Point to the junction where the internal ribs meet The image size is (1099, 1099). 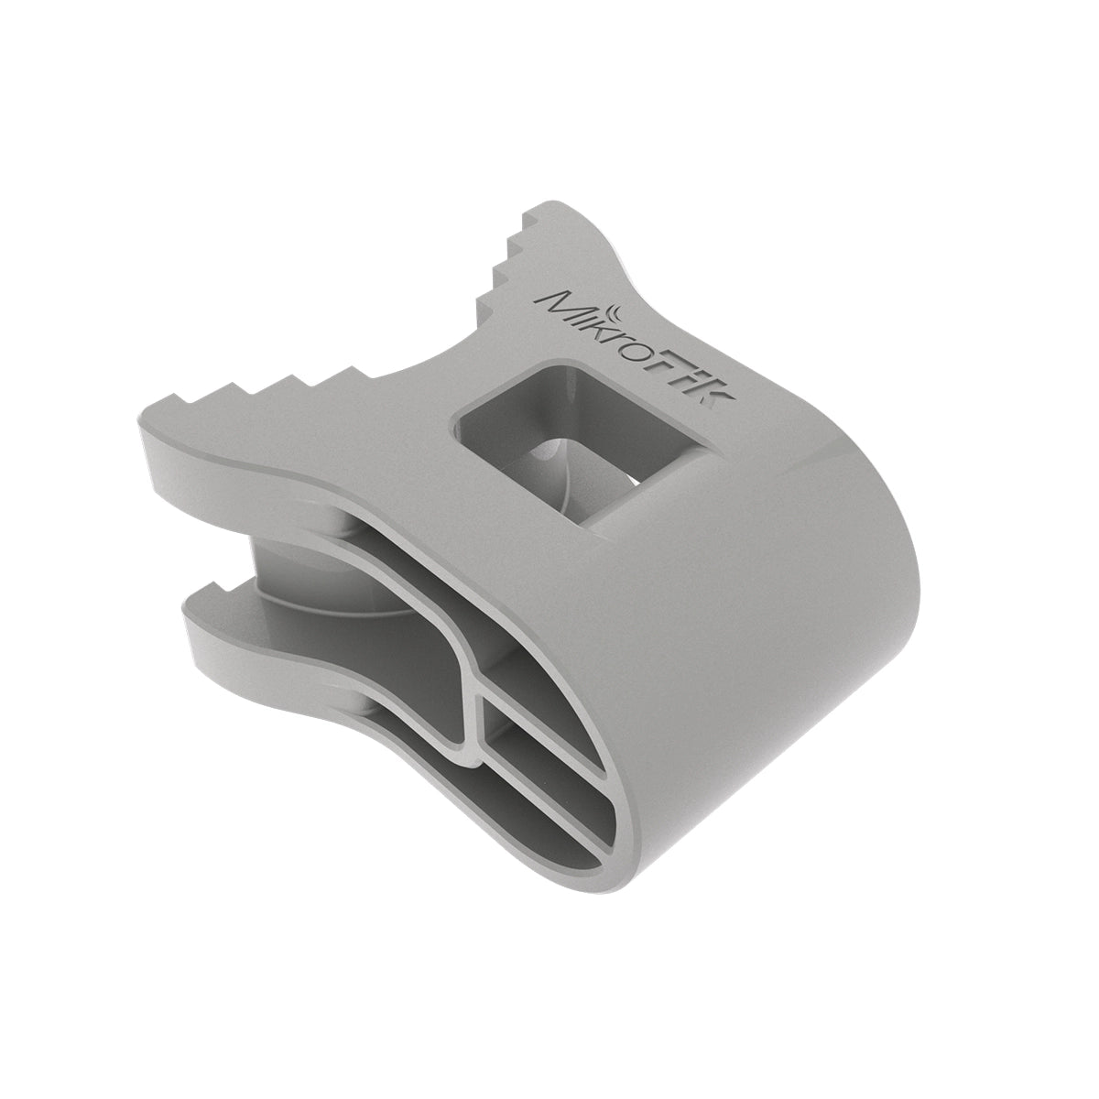[x=476, y=724]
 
